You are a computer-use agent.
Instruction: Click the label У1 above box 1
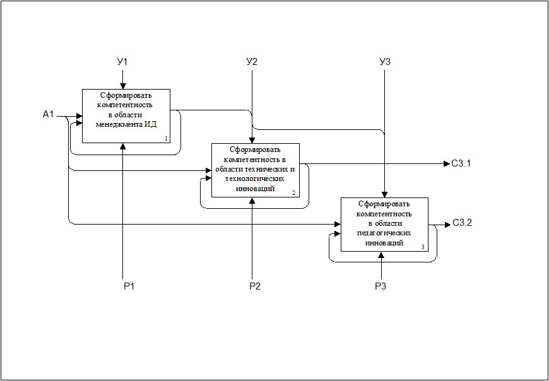122,62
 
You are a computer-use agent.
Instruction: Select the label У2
252,62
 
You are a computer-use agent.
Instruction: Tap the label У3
385,62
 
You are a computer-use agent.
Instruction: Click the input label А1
49,114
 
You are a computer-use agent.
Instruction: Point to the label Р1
129,286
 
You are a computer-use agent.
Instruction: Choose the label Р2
255,286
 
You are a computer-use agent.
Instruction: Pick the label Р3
381,286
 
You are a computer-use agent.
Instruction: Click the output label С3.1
461,163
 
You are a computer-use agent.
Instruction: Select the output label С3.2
462,223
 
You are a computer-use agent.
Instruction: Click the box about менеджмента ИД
126,116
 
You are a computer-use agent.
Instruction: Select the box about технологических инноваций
256,170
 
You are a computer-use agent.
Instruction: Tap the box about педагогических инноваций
385,225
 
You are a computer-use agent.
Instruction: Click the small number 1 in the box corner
166,139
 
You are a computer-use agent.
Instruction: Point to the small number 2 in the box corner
294,193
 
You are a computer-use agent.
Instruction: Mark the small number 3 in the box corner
423,247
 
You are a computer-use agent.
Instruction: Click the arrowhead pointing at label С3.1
446,163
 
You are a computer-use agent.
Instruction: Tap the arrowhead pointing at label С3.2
447,225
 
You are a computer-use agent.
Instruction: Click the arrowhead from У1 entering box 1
122,86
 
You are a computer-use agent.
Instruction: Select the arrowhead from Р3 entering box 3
382,254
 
